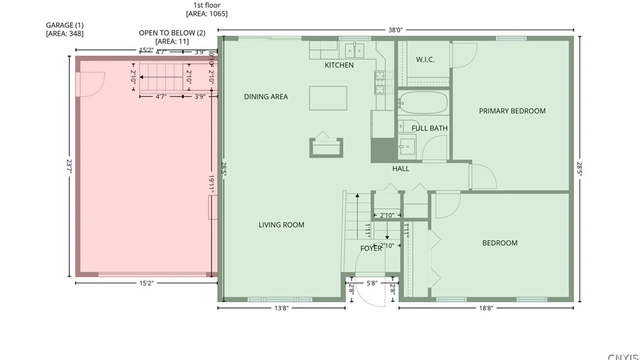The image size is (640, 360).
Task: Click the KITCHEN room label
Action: click(x=339, y=65)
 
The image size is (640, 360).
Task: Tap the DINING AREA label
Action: click(x=266, y=97)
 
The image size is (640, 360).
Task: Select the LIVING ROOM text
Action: click(x=281, y=225)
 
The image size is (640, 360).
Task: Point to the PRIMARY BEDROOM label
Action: click(x=512, y=111)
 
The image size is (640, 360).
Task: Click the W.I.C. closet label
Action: click(x=425, y=60)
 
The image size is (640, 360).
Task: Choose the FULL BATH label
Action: click(x=429, y=128)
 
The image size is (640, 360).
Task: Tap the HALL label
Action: click(x=400, y=169)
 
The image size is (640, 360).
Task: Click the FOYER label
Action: click(x=371, y=248)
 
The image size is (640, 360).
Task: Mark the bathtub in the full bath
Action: click(x=423, y=103)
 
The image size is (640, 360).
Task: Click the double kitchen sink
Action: click(x=354, y=51)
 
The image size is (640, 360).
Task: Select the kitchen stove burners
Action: click(x=380, y=82)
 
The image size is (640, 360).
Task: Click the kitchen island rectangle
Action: click(x=328, y=98)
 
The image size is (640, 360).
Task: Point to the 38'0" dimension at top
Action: click(x=395, y=30)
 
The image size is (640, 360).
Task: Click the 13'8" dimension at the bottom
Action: click(x=281, y=308)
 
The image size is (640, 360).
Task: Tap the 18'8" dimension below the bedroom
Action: click(x=486, y=308)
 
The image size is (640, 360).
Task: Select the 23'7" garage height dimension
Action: click(x=69, y=166)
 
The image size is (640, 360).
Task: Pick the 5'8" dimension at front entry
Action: click(x=372, y=283)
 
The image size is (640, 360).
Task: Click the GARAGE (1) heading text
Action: click(x=65, y=25)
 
